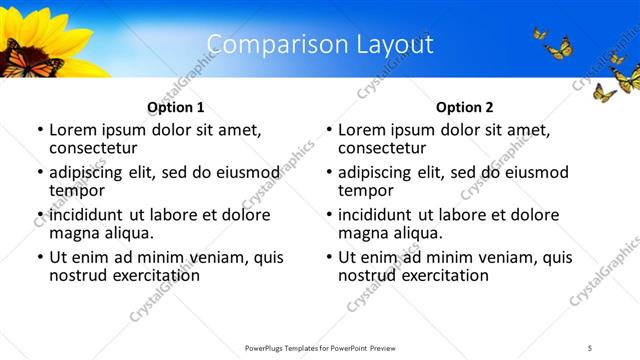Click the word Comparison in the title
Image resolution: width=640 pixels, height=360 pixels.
269,44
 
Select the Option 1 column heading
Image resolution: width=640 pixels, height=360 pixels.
176,107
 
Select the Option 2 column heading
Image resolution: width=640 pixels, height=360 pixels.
465,107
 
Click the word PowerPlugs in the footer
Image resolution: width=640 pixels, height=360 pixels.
268,347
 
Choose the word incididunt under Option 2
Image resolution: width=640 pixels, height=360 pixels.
380,215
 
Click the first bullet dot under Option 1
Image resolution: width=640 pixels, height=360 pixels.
40,130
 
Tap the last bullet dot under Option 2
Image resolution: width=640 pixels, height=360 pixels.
329,257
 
